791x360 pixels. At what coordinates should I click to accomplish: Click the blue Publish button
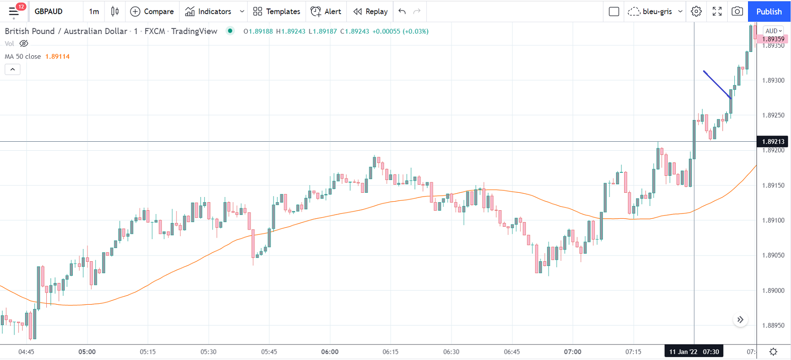click(769, 11)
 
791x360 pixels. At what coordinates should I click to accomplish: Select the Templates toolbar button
click(276, 11)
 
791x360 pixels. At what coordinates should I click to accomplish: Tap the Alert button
click(326, 11)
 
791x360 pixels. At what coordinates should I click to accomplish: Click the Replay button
click(370, 11)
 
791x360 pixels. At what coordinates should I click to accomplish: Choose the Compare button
click(152, 11)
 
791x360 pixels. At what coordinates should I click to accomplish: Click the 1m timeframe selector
click(94, 11)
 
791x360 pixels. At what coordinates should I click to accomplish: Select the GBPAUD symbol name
click(49, 11)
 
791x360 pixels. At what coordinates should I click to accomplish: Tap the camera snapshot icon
click(737, 11)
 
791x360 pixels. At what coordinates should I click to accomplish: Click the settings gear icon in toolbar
click(696, 11)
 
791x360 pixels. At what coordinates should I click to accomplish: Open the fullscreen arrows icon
click(717, 11)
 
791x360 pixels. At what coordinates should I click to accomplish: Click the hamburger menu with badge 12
click(14, 11)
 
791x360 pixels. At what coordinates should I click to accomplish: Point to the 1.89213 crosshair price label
click(773, 141)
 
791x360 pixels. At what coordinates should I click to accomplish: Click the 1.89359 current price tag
click(773, 39)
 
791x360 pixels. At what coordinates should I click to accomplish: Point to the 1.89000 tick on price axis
click(773, 291)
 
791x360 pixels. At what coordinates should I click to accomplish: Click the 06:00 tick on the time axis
click(330, 351)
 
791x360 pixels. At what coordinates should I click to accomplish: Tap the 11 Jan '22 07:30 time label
click(694, 351)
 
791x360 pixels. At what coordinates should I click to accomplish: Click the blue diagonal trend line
click(717, 85)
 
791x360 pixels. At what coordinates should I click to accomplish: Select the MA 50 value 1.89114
click(57, 56)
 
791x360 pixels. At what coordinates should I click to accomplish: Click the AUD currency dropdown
click(774, 31)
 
